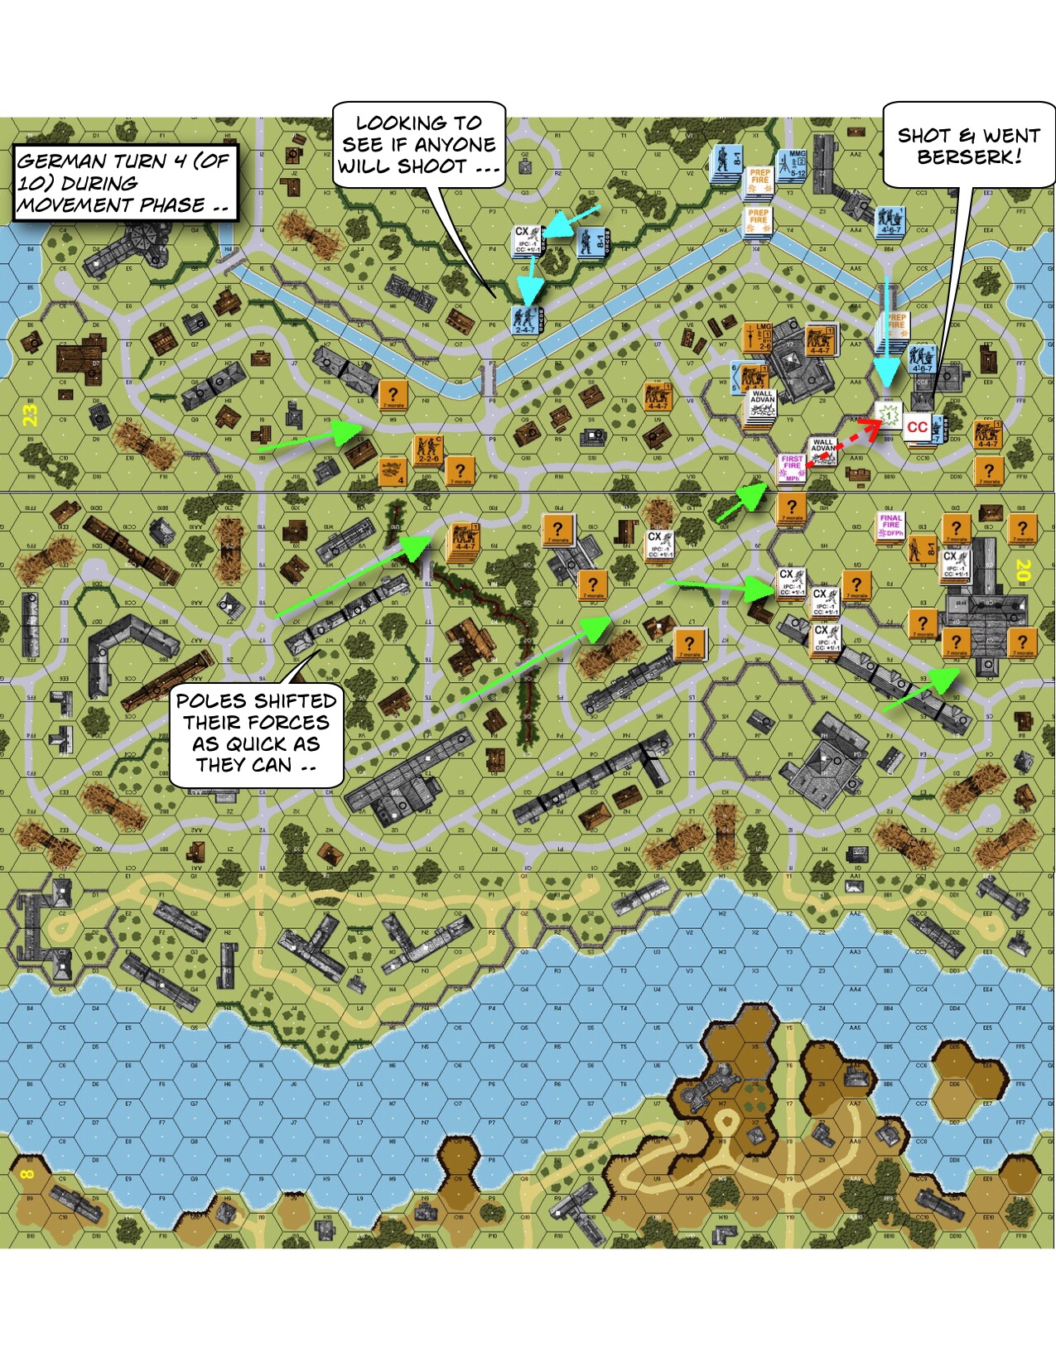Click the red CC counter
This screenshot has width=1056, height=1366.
(x=917, y=427)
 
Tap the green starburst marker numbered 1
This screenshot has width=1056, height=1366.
(x=889, y=414)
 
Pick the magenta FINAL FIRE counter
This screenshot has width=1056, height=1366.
(x=891, y=526)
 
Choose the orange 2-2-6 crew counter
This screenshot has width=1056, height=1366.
(x=428, y=450)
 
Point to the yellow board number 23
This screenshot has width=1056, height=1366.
(x=31, y=414)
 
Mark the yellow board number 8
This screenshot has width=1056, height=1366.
(x=27, y=1174)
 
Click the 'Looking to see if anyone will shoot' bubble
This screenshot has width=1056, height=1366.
(x=418, y=145)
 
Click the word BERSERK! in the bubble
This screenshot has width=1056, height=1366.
(x=969, y=157)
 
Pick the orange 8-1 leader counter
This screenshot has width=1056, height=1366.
(x=919, y=549)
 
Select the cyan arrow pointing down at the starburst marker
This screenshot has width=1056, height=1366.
(x=887, y=331)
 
